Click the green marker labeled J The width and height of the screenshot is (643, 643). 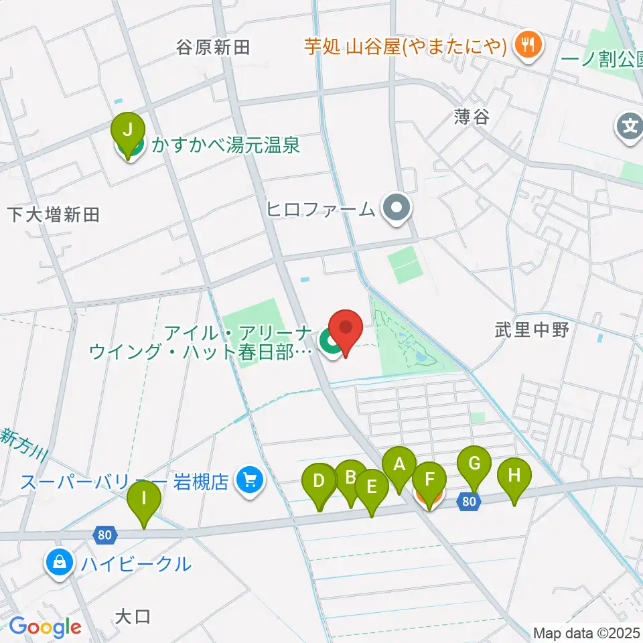point(128,128)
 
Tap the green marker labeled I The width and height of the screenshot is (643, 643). point(145,500)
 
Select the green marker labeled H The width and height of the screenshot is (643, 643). point(514,476)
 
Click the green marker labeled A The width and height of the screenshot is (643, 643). point(399,465)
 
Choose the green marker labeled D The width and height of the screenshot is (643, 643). point(319,482)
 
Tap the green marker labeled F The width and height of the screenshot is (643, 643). point(429,480)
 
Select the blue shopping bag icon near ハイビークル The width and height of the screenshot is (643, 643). point(60,563)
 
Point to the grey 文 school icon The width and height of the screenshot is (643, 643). point(630,125)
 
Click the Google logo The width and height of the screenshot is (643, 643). point(45,627)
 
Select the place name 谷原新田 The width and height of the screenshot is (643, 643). point(213,47)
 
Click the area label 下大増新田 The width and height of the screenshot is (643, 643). point(54,214)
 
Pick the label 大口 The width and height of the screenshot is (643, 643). point(133,616)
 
